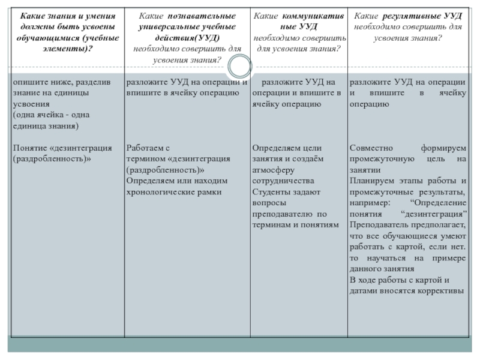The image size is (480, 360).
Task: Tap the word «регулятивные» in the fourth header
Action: (413, 15)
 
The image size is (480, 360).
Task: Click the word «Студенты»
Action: (271, 191)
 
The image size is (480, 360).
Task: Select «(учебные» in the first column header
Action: (97, 38)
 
